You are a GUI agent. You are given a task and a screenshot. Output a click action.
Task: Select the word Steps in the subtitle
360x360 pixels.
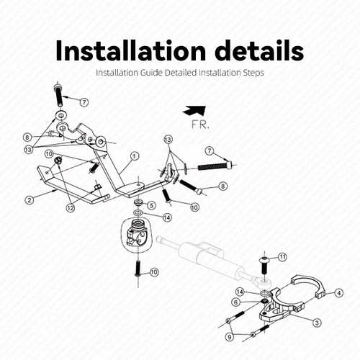254,73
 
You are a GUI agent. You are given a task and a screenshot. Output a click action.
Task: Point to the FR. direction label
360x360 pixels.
201,124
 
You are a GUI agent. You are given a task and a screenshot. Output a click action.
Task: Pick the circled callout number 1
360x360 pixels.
134,156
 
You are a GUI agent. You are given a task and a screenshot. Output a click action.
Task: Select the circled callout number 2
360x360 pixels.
30,199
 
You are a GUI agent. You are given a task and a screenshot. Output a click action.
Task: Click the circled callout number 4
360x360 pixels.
339,292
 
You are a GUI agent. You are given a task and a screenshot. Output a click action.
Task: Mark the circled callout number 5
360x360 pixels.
151,205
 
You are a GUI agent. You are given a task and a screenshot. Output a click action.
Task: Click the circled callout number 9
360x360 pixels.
229,336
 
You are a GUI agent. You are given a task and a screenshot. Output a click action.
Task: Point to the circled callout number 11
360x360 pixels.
282,256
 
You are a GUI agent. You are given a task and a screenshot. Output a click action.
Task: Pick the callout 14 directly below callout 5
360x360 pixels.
166,217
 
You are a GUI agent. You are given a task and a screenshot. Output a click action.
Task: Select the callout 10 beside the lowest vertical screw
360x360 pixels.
154,271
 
